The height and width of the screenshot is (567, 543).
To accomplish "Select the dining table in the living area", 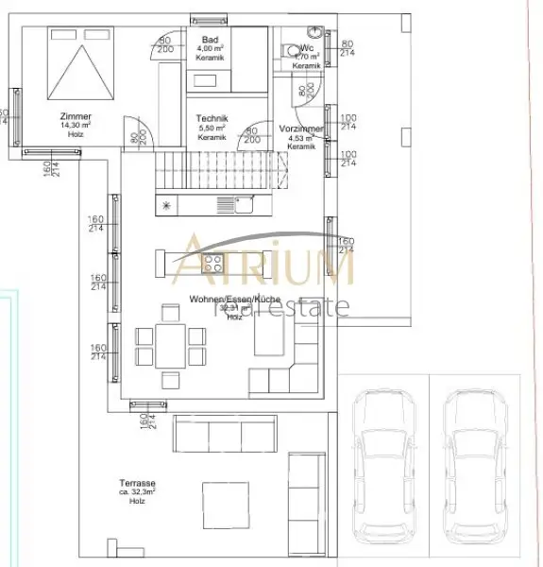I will [170, 345].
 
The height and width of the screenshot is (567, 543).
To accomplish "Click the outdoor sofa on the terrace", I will [219, 434].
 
